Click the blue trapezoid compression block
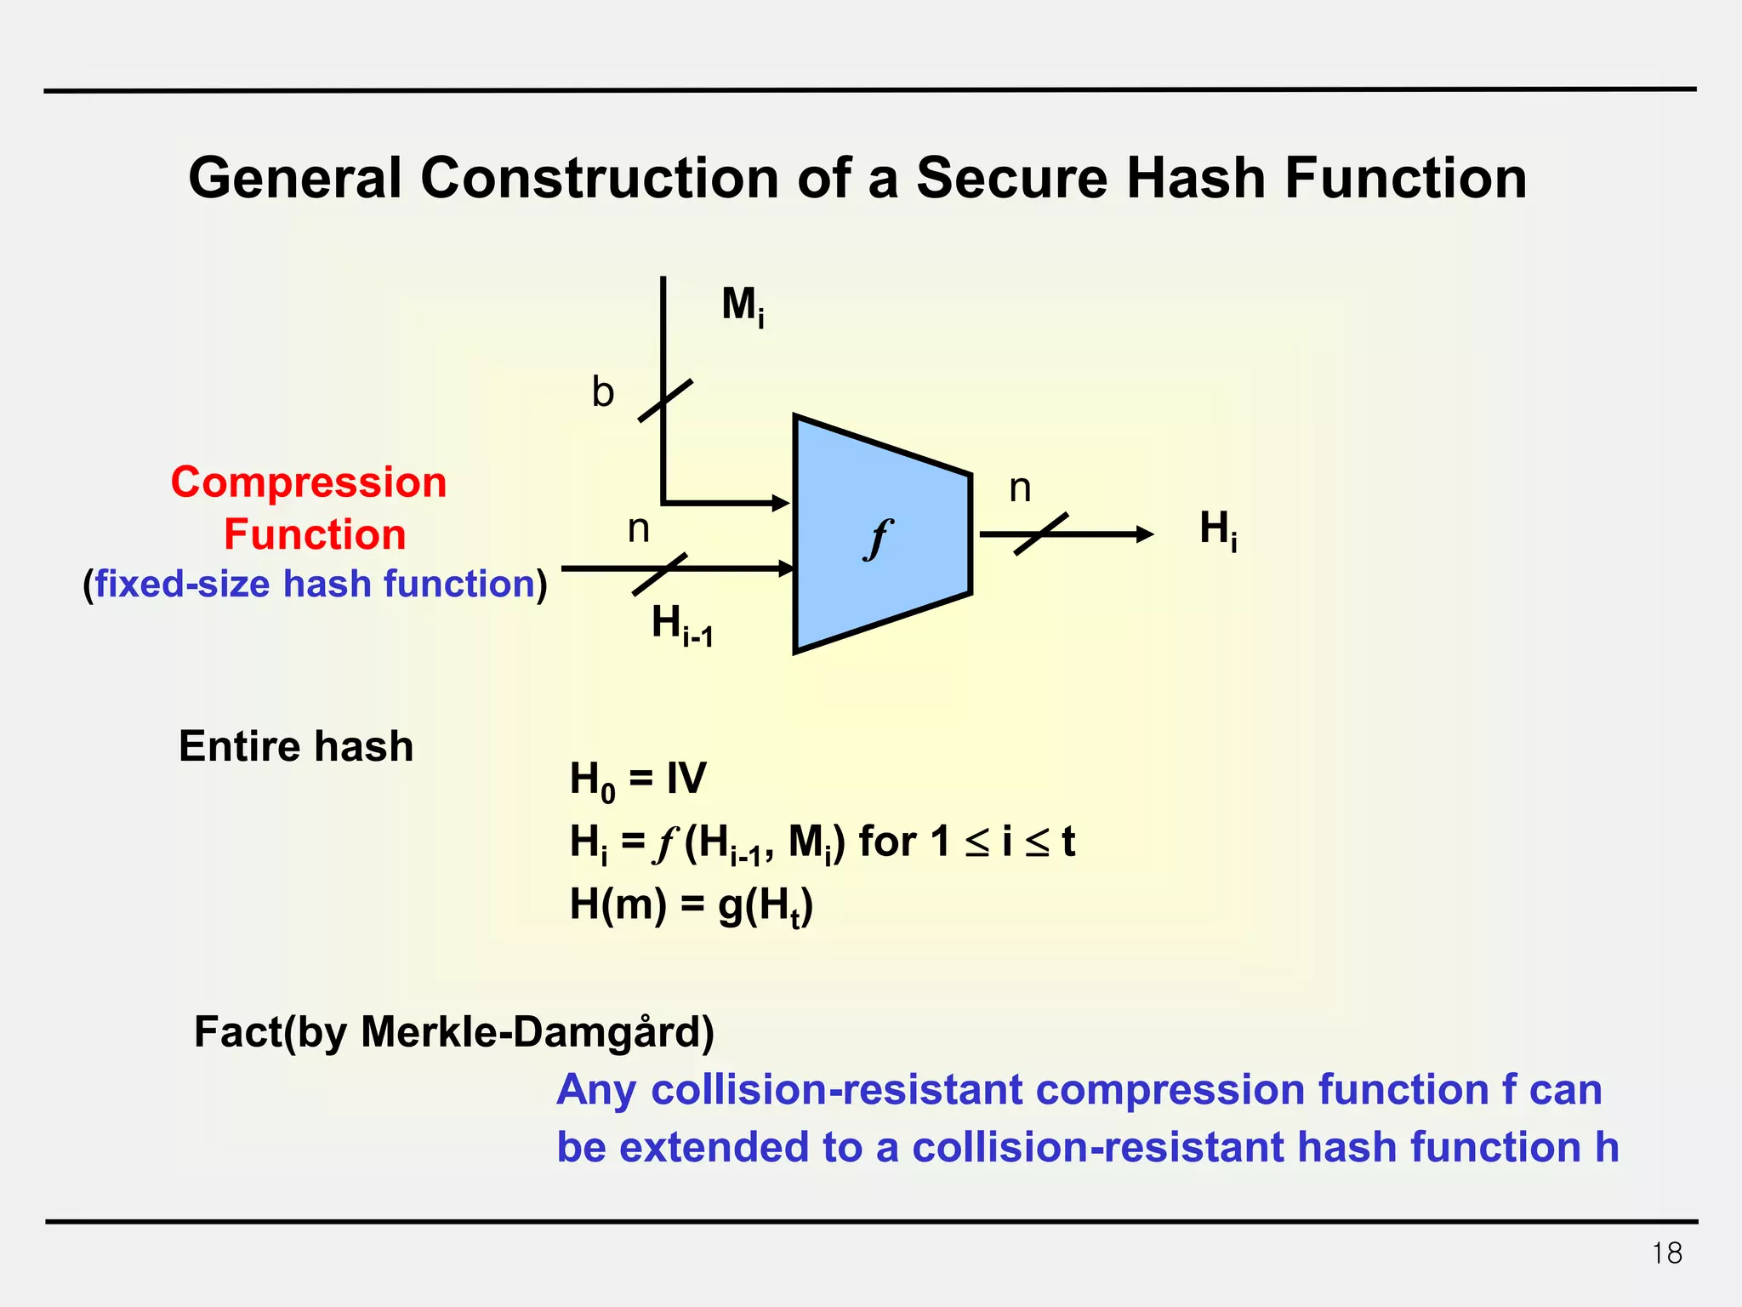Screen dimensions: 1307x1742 881,587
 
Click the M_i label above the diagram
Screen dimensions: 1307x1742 743,305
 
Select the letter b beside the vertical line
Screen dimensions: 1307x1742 602,393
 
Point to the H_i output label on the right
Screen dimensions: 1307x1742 1218,530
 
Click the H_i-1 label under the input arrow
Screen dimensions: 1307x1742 681,625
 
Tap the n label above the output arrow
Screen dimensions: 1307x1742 1020,488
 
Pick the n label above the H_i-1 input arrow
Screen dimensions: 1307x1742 638,529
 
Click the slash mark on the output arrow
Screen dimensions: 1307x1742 1041,534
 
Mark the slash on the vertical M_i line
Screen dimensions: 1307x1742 664,401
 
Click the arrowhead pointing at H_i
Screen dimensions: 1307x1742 1144,534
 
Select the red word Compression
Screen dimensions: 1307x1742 309,482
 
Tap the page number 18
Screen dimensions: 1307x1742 1666,1253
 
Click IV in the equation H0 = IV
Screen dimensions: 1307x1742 686,778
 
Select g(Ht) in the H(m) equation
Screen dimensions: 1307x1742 766,905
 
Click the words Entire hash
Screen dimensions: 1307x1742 296,746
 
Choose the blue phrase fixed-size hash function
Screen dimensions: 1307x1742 315,584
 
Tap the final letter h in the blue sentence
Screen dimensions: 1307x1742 1606,1147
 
